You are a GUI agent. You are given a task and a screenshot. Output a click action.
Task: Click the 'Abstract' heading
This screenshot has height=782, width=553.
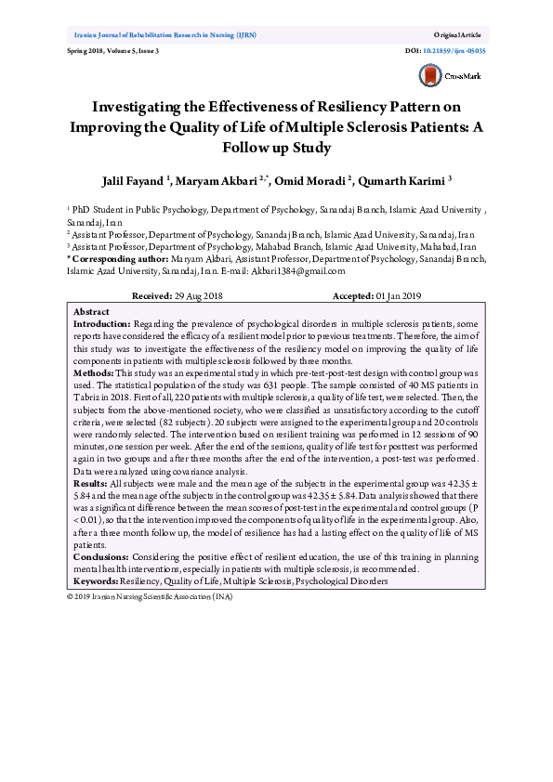tap(91, 311)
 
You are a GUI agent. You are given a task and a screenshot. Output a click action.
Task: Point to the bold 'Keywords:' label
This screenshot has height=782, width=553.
tap(96, 580)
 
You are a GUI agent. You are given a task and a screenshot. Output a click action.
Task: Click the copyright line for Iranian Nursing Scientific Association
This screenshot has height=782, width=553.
tap(151, 596)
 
